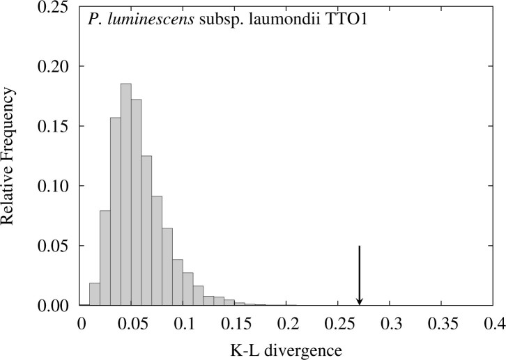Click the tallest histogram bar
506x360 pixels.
pos(125,195)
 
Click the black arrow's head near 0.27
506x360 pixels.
pos(360,301)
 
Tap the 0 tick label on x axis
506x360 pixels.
pos(82,323)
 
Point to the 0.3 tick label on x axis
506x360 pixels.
pos(390,323)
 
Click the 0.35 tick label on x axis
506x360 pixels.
pos(441,323)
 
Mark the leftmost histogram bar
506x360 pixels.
pos(95,295)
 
